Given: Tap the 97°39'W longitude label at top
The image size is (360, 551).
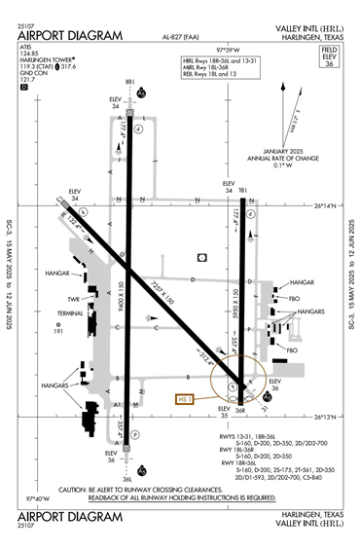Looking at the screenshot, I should point(227,47).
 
